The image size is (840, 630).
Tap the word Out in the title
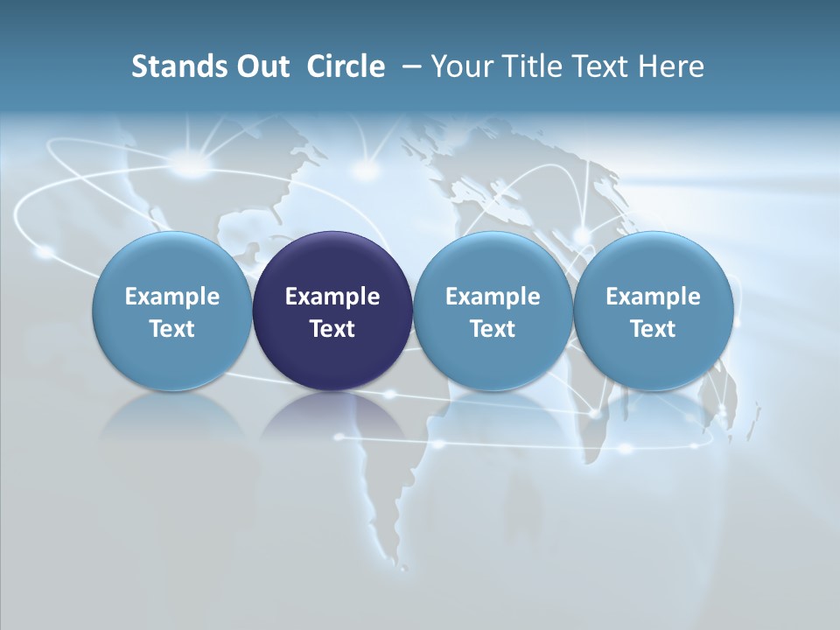point(260,66)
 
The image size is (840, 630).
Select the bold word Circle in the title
point(346,66)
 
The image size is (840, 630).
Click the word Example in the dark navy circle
point(332,297)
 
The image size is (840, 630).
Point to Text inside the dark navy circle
point(332,329)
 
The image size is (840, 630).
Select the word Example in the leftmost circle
point(171,297)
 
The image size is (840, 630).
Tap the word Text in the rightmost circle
point(653,329)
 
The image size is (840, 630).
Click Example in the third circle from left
point(493,297)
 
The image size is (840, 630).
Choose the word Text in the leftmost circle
point(171,329)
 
